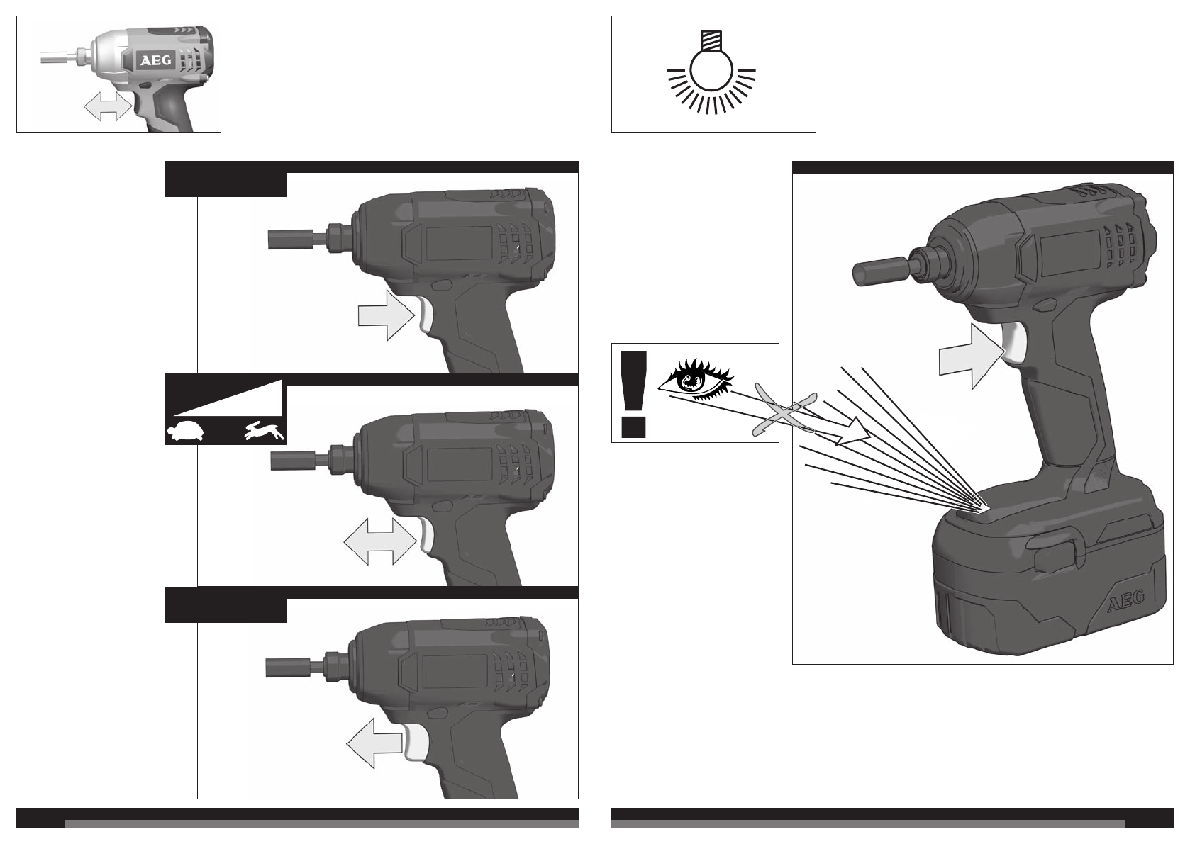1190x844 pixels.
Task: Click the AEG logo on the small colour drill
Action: click(x=155, y=60)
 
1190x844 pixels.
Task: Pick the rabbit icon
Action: click(x=265, y=432)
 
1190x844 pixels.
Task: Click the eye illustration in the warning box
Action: click(x=696, y=379)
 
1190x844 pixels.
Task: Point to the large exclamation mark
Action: click(x=633, y=395)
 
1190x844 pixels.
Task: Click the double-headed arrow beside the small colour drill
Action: click(x=108, y=106)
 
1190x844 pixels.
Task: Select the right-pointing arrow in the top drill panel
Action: click(x=387, y=315)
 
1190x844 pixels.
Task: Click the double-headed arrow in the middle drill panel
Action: click(x=380, y=542)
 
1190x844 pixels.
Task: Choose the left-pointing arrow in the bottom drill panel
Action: click(x=374, y=743)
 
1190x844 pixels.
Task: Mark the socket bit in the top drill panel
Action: click(x=297, y=239)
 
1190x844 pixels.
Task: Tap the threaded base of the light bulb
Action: click(x=711, y=41)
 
